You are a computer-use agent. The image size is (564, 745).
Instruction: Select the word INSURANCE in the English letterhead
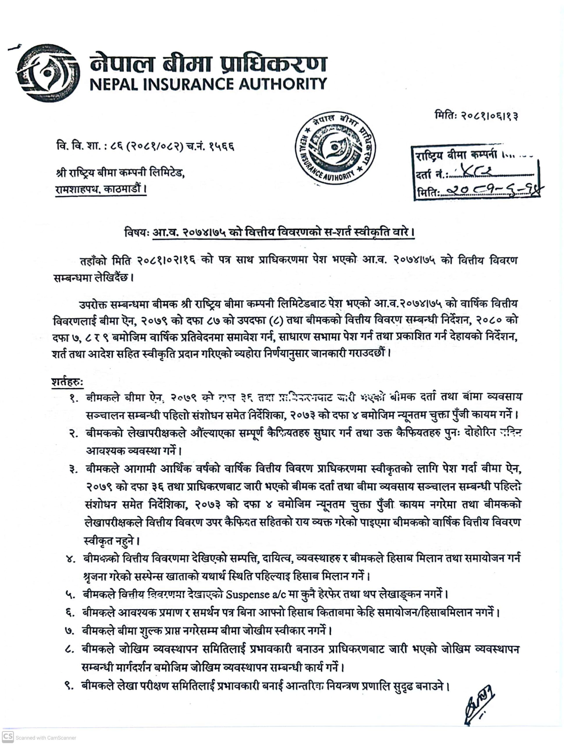(x=186, y=84)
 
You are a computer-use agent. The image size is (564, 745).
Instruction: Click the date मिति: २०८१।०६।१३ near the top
(x=476, y=116)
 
